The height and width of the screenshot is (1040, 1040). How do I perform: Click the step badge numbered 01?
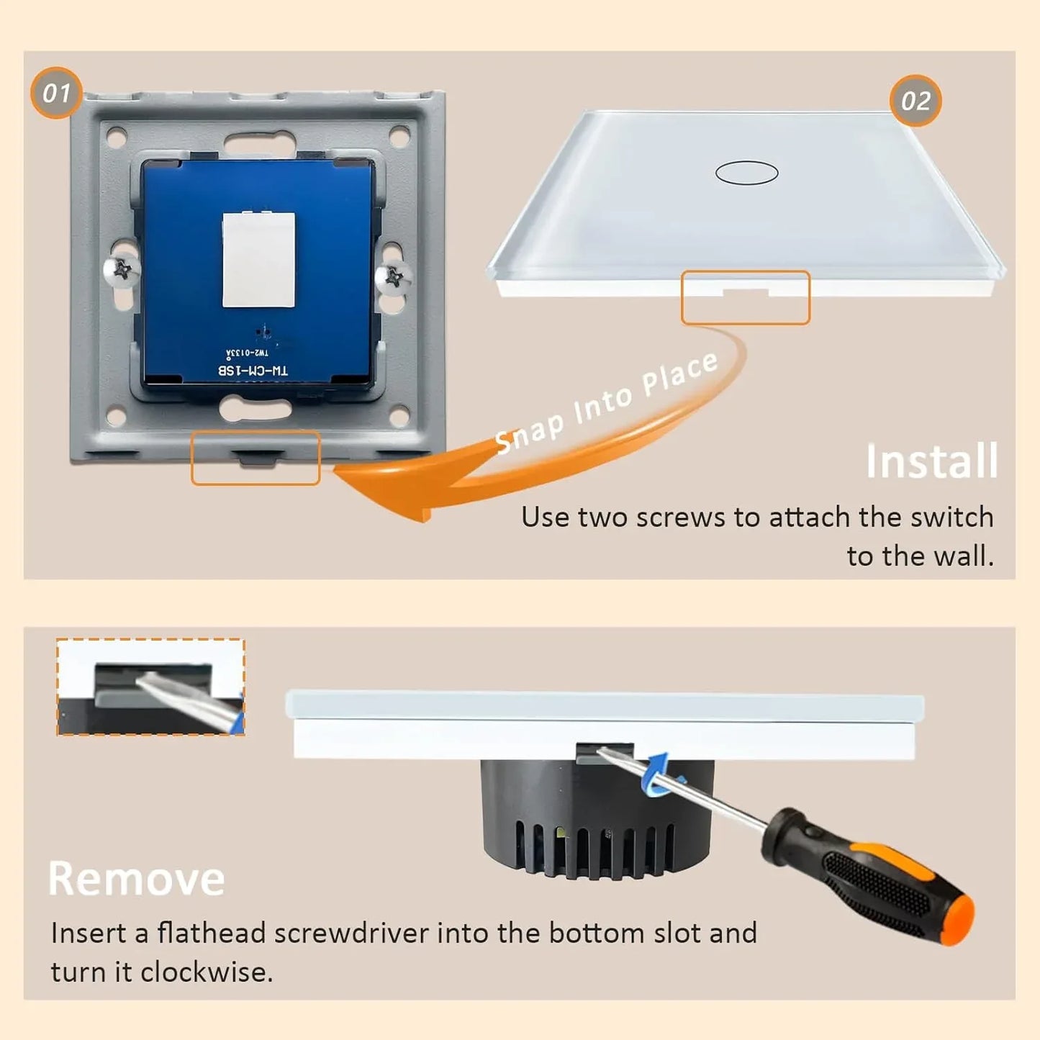click(56, 93)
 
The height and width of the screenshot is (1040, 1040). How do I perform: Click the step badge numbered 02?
click(915, 101)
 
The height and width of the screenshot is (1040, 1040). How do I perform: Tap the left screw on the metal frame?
click(122, 271)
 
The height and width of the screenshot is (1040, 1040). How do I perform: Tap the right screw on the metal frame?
click(394, 276)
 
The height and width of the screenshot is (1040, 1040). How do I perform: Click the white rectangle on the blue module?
click(258, 260)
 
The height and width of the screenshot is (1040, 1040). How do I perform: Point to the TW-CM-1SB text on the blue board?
click(253, 370)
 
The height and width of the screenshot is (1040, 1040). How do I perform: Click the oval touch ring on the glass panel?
click(746, 173)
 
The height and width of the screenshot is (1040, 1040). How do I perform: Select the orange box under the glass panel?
click(746, 297)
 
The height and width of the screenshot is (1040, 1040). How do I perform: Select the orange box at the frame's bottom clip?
click(256, 458)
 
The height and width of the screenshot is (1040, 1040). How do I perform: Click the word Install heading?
click(931, 461)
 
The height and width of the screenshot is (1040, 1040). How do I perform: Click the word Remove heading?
click(136, 879)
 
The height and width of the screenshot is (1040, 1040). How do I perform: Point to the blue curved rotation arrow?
click(657, 776)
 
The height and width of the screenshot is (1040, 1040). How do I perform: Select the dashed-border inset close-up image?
click(150, 687)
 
